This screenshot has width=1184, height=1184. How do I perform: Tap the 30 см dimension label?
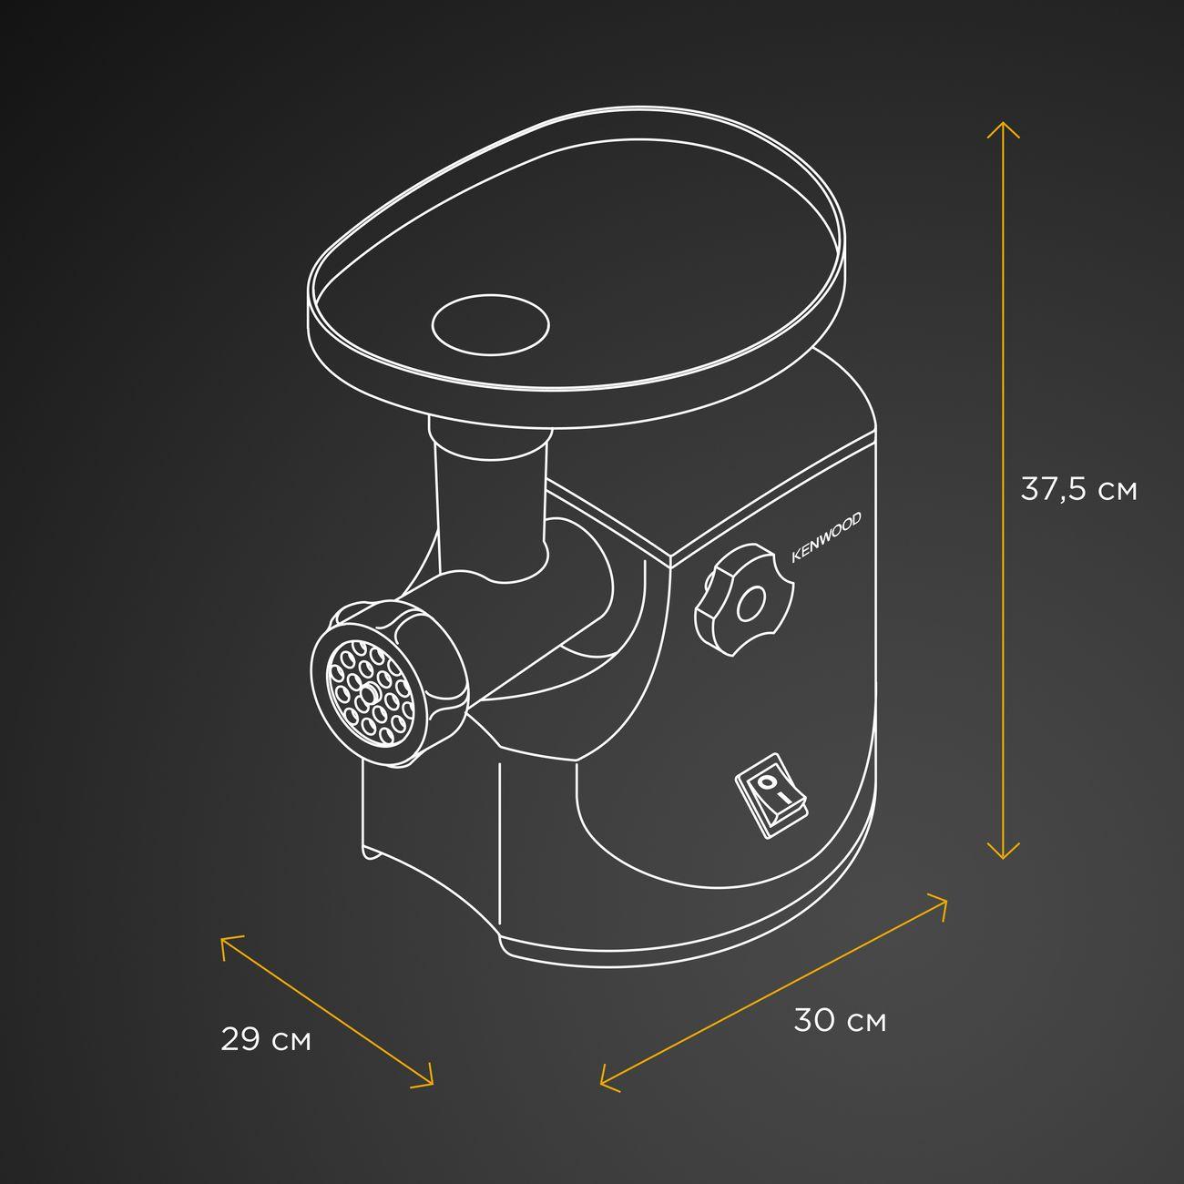[840, 1021]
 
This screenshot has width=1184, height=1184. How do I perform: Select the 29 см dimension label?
[266, 1039]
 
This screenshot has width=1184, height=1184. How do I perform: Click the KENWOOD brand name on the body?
[826, 537]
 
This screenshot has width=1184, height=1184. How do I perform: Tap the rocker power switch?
[771, 796]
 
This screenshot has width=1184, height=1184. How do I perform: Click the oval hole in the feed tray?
[490, 324]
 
